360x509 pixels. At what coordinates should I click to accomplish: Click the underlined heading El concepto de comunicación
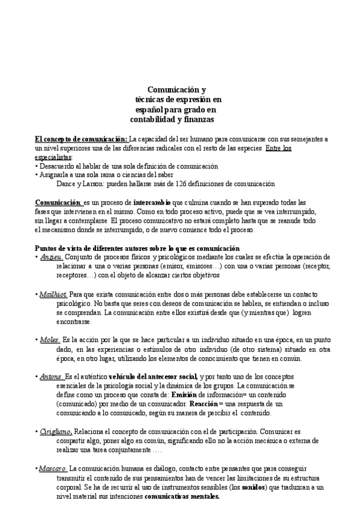pyautogui.click(x=81, y=139)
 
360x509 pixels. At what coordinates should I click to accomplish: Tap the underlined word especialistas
pyautogui.click(x=52, y=157)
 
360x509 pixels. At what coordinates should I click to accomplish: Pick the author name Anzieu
pyautogui.click(x=50, y=257)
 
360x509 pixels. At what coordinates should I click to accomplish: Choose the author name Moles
pyautogui.click(x=50, y=339)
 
